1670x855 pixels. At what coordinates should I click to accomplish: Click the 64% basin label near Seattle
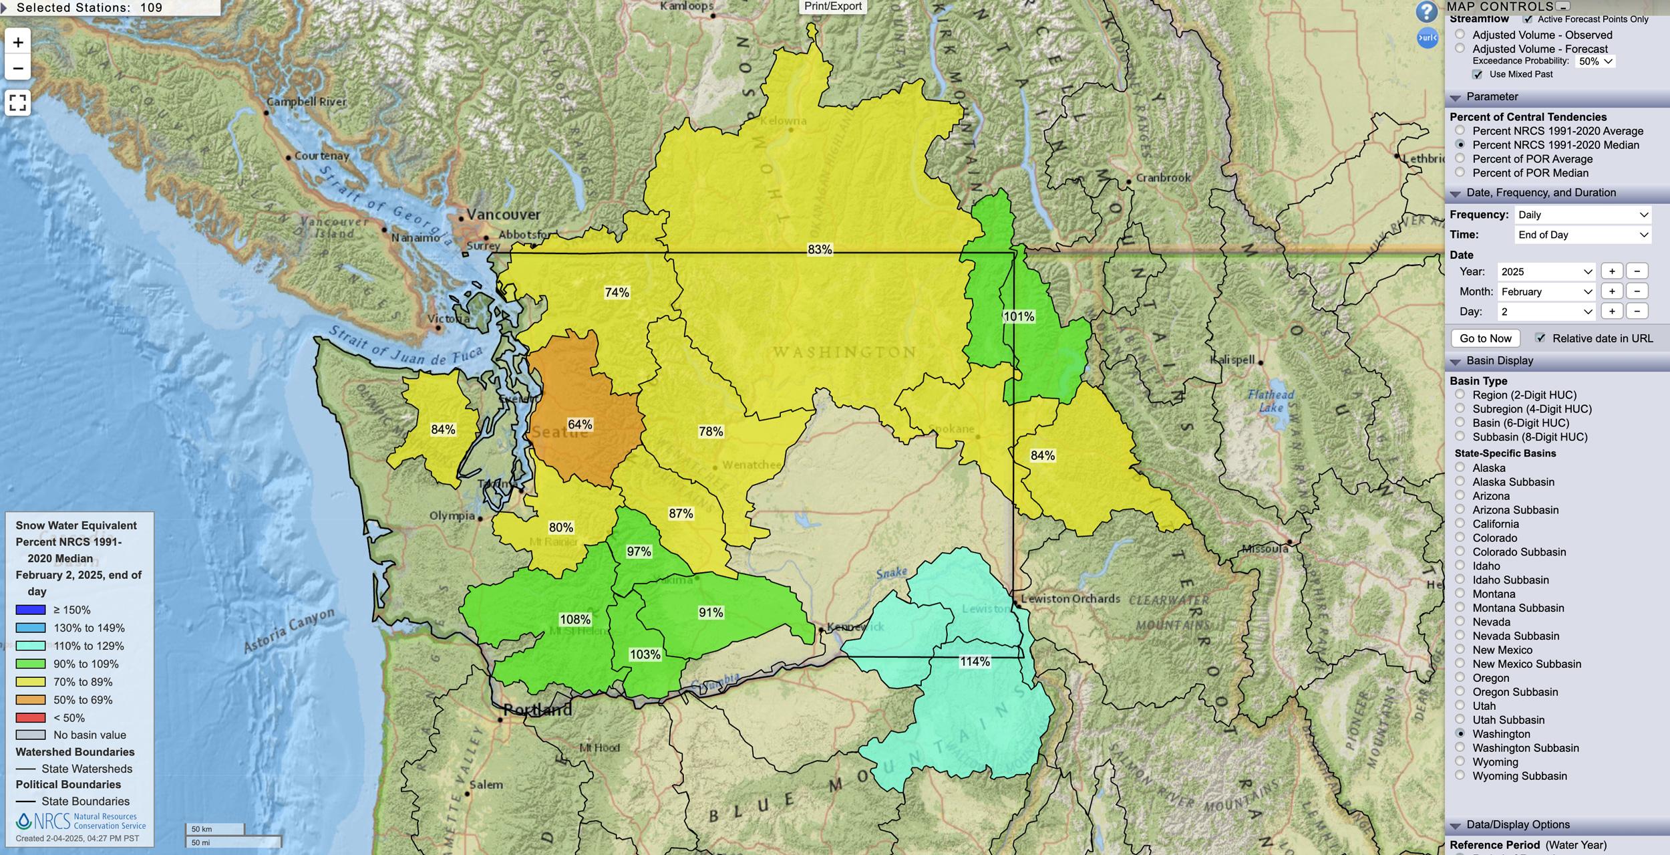[580, 424]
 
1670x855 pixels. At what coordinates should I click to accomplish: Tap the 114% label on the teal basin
[975, 662]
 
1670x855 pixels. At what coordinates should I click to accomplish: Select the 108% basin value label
[574, 620]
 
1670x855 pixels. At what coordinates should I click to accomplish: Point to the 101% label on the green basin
[1019, 316]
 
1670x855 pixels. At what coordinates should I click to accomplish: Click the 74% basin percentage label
[617, 293]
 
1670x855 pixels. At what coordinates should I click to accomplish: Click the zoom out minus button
[18, 68]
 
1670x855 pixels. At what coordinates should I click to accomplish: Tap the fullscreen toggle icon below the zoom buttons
[18, 103]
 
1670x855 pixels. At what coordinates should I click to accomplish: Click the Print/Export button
[833, 7]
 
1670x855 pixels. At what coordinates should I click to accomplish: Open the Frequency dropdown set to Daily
[1582, 215]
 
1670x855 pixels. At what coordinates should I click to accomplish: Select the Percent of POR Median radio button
[1460, 172]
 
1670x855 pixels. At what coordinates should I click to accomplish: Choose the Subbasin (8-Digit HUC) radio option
[1460, 437]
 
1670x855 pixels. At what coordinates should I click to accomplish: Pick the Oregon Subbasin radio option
[1460, 692]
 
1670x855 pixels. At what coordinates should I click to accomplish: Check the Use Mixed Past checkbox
[1478, 74]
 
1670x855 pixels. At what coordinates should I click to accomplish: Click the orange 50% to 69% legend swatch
[31, 700]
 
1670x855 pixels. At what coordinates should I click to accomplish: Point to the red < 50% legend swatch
[31, 718]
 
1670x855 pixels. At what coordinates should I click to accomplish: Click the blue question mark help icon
[1426, 11]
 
